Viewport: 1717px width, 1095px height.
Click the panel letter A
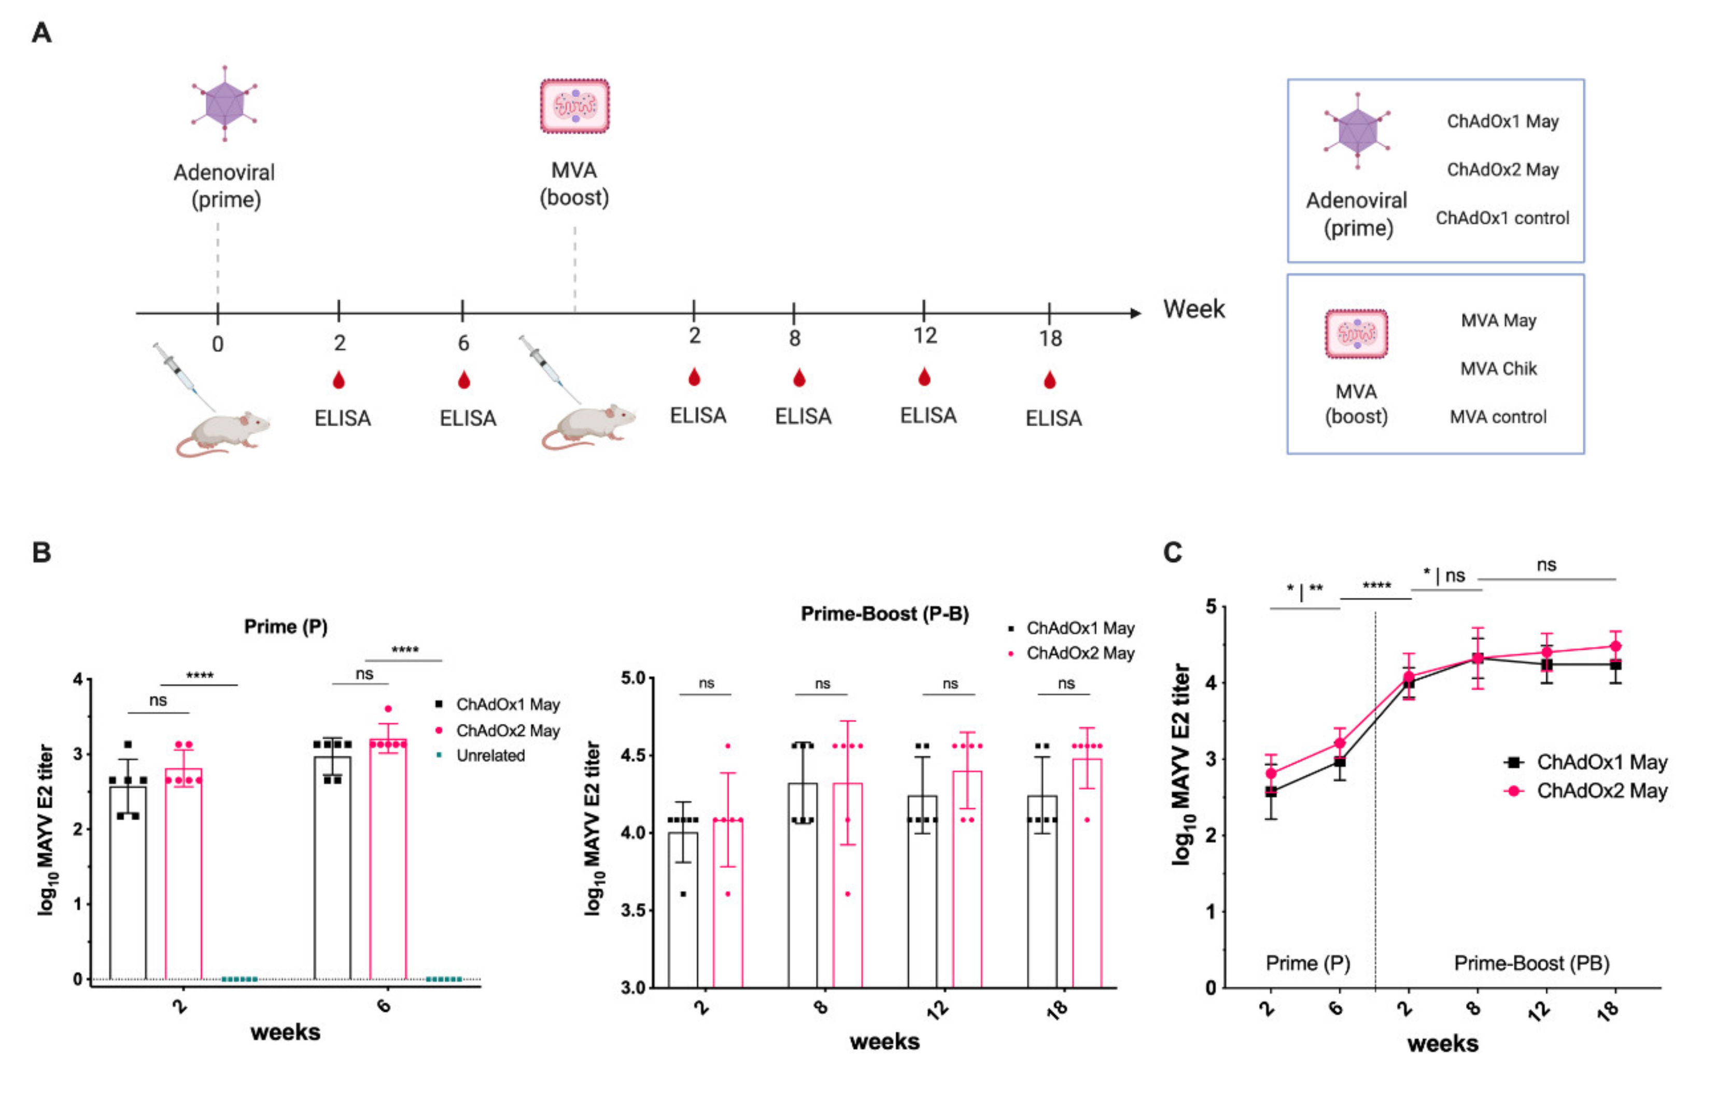pos(41,33)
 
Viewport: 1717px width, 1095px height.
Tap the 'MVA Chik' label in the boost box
pos(1498,369)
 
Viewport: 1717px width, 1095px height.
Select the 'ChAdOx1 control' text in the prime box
pos(1502,218)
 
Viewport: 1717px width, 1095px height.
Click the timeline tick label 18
pos(1050,339)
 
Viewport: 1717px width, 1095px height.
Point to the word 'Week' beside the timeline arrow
pos(1193,310)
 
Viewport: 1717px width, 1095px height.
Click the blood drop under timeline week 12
pos(924,377)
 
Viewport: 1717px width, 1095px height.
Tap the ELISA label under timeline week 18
pos(1053,418)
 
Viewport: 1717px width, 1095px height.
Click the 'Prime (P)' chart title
pos(285,627)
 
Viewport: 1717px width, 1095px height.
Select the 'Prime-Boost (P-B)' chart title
pos(884,614)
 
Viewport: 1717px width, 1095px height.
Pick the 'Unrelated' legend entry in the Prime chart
pos(490,756)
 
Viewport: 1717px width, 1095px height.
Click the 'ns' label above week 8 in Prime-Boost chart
pos(822,684)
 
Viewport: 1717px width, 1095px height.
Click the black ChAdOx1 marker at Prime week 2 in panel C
pos(1271,791)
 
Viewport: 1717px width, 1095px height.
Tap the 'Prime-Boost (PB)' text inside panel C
pos(1531,963)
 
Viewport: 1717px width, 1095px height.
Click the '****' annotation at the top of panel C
pos(1376,586)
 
